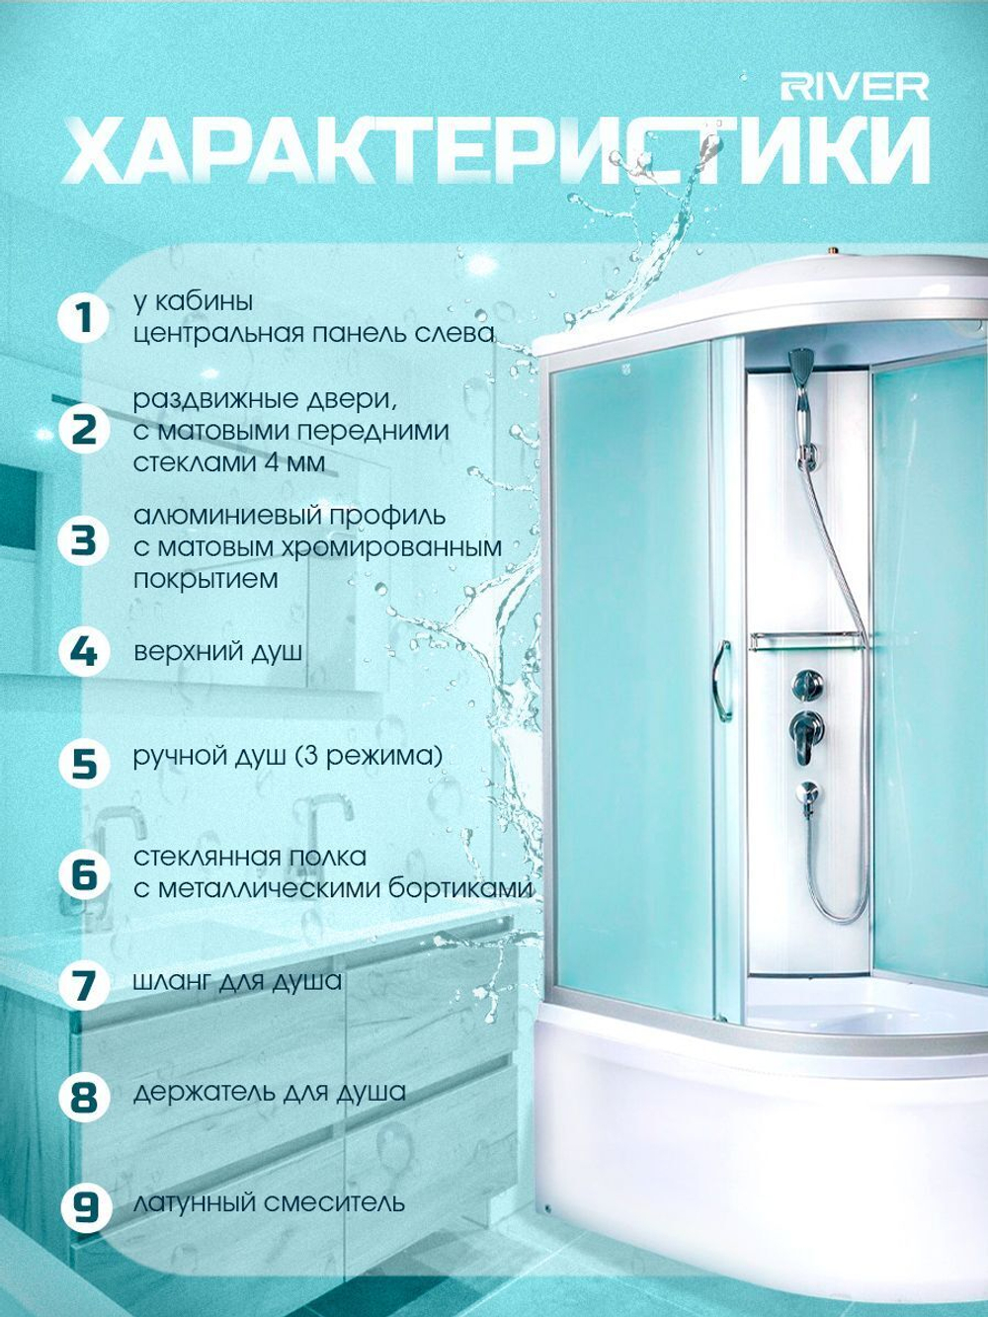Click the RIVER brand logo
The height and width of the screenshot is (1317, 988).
855,88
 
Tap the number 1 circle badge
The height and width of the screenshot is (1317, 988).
84,318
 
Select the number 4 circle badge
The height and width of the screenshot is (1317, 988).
84,652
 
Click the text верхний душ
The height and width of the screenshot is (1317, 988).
217,652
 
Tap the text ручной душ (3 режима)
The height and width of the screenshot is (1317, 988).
288,756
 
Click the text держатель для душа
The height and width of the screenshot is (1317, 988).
270,1092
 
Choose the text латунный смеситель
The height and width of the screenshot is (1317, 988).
269,1202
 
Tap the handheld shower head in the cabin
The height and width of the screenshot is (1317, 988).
799,369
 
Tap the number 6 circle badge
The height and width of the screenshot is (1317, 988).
84,873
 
